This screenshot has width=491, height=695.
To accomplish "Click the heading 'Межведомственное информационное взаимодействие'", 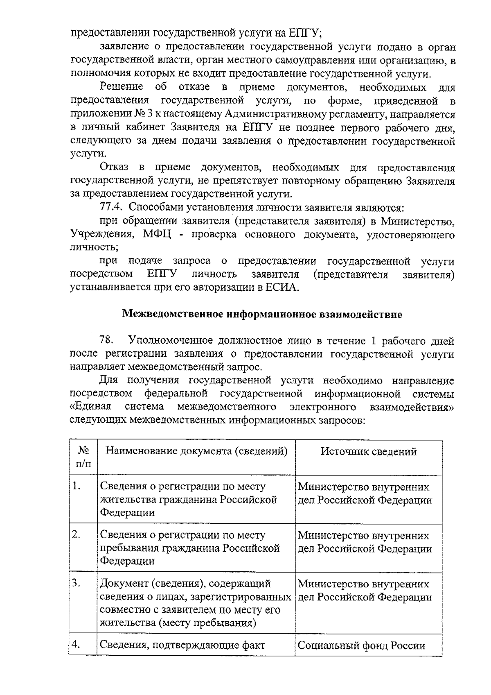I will pyautogui.click(x=262, y=315).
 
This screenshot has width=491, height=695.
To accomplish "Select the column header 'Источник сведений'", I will pyautogui.click(x=368, y=451).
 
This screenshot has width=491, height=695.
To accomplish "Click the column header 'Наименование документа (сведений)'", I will pyautogui.click(x=196, y=451).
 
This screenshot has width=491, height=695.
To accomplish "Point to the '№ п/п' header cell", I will pyautogui.click(x=83, y=457).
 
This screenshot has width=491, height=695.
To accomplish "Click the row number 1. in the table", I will pyautogui.click(x=76, y=486).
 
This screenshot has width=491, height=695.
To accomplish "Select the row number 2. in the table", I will pyautogui.click(x=76, y=534).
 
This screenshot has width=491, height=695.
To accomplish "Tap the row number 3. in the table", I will pyautogui.click(x=76, y=583).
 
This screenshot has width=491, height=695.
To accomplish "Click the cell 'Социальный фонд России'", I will pyautogui.click(x=361, y=645).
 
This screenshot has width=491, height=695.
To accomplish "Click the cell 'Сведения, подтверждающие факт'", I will pyautogui.click(x=182, y=645).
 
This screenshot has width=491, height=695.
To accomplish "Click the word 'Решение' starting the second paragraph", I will pyautogui.click(x=122, y=87).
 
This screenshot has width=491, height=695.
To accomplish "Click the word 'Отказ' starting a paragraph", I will pyautogui.click(x=114, y=167).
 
